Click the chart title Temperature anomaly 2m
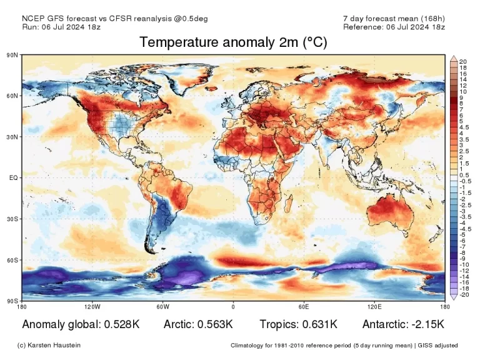point(232,42)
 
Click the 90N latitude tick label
point(12,55)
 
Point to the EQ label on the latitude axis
point(12,178)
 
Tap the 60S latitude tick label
point(12,260)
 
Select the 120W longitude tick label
point(92,307)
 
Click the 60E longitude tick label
point(304,307)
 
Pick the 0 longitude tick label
point(233,307)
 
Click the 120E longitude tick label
point(374,307)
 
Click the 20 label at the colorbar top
point(463,61)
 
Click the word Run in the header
point(29,26)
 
